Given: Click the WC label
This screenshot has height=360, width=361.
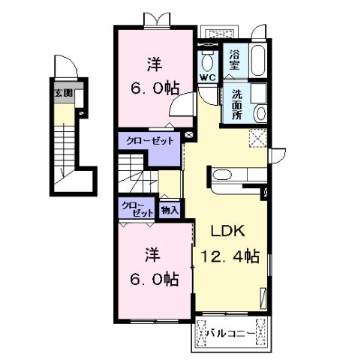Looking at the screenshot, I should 206,77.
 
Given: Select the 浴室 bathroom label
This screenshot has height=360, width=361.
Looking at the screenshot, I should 234,59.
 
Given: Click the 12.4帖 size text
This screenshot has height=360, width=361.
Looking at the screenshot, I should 230,257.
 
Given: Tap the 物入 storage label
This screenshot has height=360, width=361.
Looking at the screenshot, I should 170,210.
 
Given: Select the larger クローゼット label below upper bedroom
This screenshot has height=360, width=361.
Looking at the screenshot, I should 150,141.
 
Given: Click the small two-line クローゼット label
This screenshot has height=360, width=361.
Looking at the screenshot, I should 136,209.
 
